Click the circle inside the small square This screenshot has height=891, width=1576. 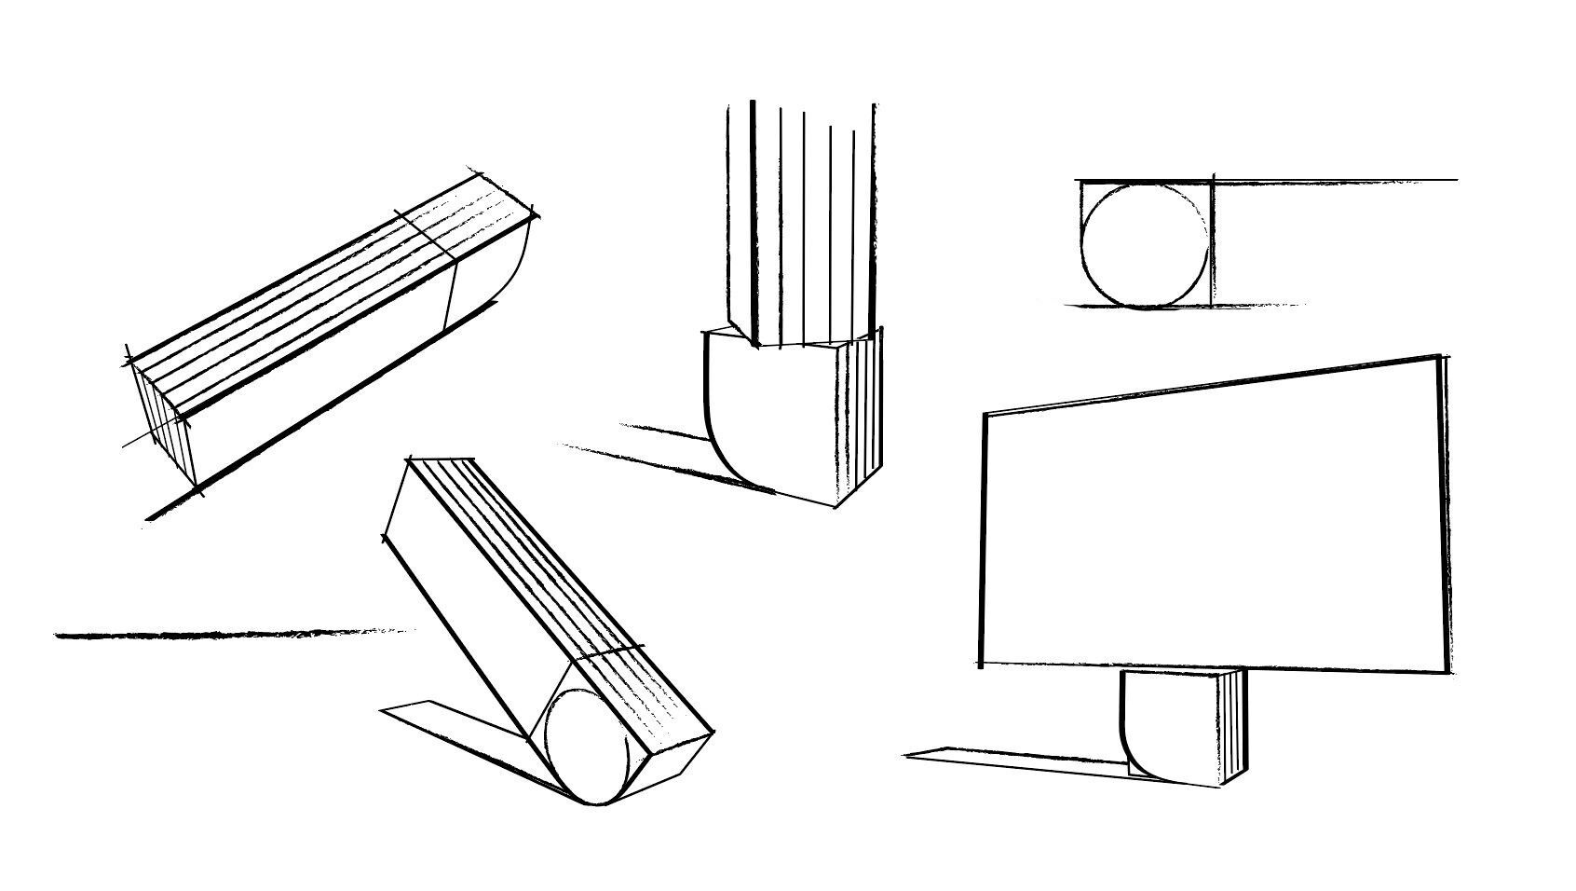tap(1146, 245)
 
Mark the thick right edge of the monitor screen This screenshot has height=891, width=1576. tap(1445, 513)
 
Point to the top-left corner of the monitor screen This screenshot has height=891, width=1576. tap(986, 413)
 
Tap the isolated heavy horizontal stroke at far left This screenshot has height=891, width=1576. tap(233, 635)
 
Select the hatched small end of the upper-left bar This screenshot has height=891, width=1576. tap(163, 419)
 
